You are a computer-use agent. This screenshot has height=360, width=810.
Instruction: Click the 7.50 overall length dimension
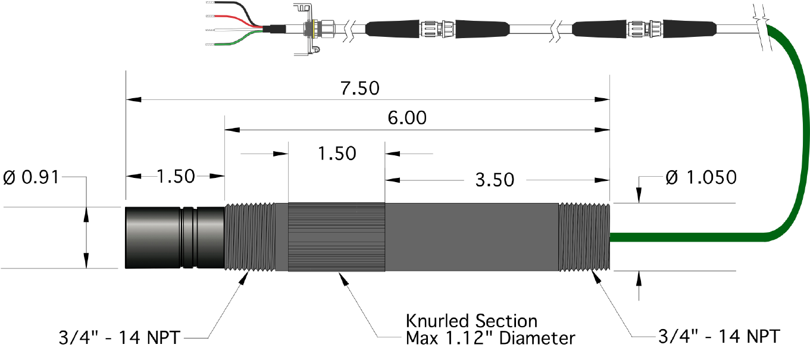point(360,88)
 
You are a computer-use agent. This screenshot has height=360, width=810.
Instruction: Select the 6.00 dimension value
point(407,118)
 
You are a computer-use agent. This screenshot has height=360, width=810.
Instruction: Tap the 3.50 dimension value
point(495,179)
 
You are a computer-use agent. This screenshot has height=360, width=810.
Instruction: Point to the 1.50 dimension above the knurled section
point(337,153)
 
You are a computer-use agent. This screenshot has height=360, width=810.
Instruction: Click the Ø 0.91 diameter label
point(30,177)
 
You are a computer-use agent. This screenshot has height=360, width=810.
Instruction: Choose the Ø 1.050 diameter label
point(700,177)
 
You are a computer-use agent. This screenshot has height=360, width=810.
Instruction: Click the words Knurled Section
point(471,321)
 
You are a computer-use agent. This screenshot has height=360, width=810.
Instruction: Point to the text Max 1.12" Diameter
point(490,339)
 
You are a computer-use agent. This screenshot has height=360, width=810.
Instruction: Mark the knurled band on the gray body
point(336,237)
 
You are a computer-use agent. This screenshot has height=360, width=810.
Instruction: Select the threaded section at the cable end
point(583,237)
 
